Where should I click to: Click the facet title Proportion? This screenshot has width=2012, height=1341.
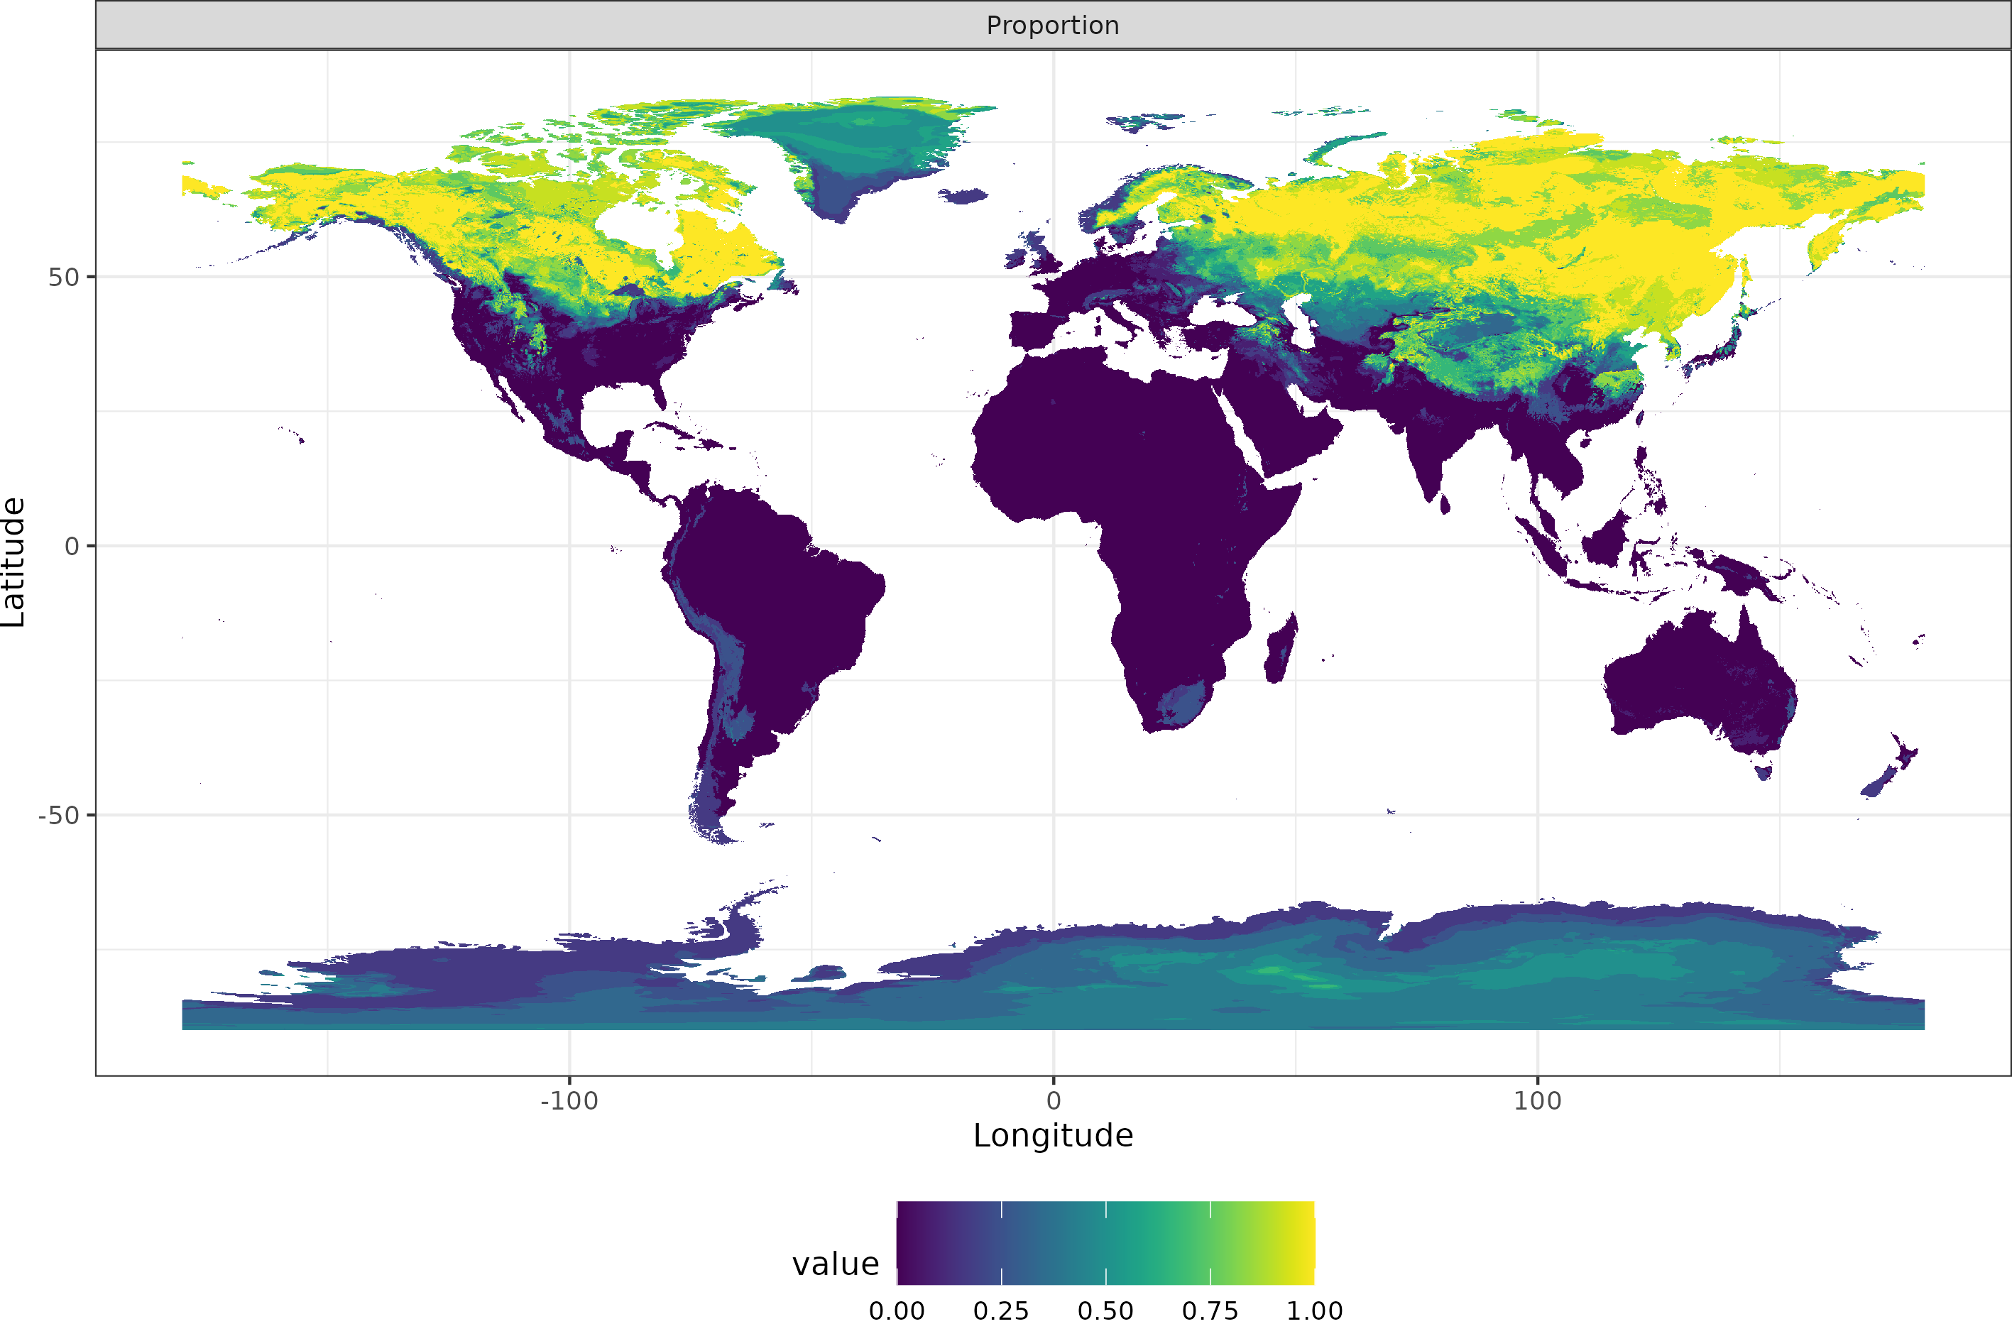(x=1053, y=26)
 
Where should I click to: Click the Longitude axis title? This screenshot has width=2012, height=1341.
(x=1053, y=1136)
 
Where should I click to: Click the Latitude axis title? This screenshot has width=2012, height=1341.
(x=13, y=563)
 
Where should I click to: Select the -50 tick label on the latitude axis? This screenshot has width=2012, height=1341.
(x=58, y=815)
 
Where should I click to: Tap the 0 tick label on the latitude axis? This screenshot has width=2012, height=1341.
(x=72, y=547)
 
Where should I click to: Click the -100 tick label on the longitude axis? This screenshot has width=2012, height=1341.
(x=569, y=1100)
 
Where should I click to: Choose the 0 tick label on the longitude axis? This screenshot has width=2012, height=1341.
(x=1053, y=1100)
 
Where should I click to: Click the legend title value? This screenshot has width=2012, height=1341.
(x=835, y=1264)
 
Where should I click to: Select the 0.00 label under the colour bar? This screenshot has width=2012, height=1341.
(x=896, y=1311)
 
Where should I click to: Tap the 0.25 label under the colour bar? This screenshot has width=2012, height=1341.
(x=1000, y=1311)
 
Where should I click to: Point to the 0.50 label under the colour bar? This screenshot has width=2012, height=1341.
(x=1105, y=1311)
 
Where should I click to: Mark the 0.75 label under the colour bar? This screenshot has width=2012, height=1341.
(x=1209, y=1311)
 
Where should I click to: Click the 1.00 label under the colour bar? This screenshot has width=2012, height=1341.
(x=1314, y=1311)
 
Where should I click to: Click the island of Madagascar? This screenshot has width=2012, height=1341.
(x=1280, y=650)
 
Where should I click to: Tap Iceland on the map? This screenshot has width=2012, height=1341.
(x=963, y=197)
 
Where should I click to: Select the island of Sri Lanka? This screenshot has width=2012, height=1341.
(x=1444, y=505)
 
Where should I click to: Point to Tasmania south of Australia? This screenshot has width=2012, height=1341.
(x=1764, y=772)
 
